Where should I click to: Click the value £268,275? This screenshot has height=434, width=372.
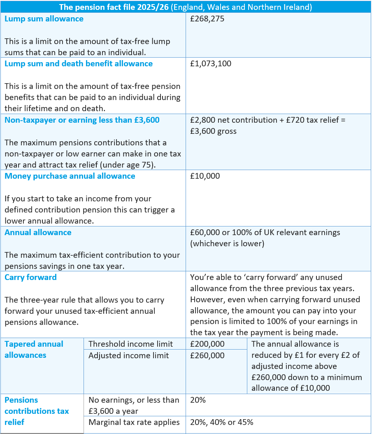pyautogui.click(x=207, y=19)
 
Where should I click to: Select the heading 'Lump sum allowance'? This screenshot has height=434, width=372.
pyautogui.click(x=44, y=19)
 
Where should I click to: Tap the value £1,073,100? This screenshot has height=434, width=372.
pyautogui.click(x=210, y=64)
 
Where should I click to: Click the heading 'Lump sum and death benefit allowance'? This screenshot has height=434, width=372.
pyautogui.click(x=79, y=64)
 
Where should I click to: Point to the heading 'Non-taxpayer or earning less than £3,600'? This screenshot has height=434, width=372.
pyautogui.click(x=82, y=120)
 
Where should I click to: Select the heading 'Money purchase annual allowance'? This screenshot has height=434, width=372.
pyautogui.click(x=70, y=176)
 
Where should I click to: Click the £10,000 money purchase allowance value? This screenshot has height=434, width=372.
pyautogui.click(x=205, y=176)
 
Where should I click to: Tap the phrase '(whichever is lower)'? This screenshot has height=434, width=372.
pyautogui.click(x=227, y=243)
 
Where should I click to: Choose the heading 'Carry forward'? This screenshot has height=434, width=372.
pyautogui.click(x=30, y=277)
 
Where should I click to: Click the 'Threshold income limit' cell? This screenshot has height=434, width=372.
pyautogui.click(x=130, y=344)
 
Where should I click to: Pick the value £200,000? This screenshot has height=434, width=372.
pyautogui.click(x=207, y=344)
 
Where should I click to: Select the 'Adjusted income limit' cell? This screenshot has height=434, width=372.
pyautogui.click(x=128, y=355)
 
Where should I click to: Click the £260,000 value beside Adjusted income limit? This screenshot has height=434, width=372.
pyautogui.click(x=207, y=355)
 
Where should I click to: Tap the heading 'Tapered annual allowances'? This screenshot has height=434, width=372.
pyautogui.click(x=34, y=350)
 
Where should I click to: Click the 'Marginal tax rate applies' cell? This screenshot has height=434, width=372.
pyautogui.click(x=134, y=422)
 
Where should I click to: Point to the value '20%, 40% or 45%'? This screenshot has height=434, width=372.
pyautogui.click(x=221, y=422)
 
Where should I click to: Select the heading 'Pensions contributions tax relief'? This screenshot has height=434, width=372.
pyautogui.click(x=37, y=411)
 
